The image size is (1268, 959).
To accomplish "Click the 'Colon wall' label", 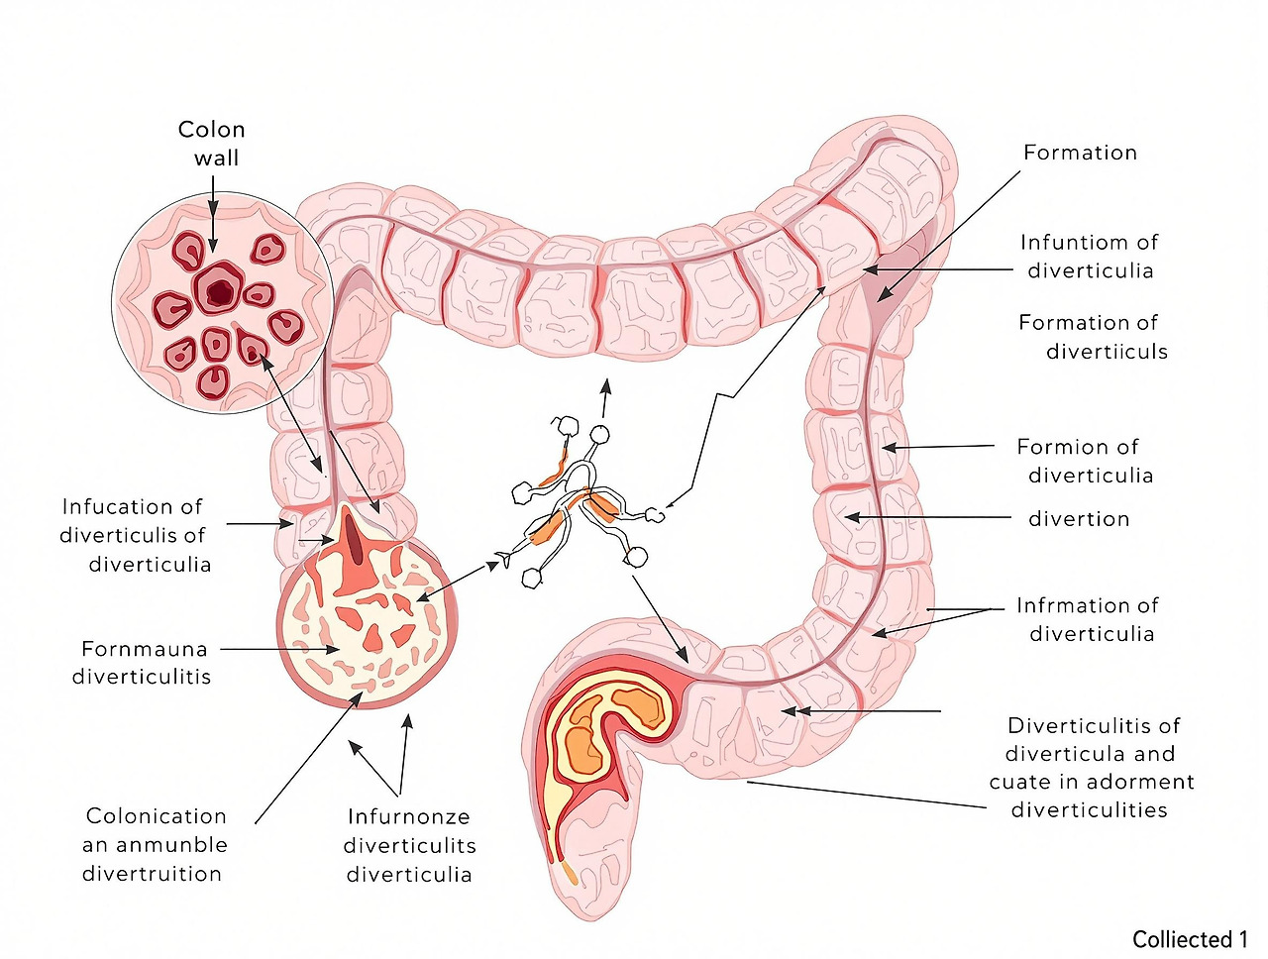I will (211, 144).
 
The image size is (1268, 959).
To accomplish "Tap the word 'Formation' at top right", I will (1080, 153).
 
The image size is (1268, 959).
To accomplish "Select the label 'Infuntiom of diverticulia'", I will (1090, 257).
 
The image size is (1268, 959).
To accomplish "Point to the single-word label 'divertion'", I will (1079, 519).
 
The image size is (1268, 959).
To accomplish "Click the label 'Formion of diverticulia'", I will (1085, 461).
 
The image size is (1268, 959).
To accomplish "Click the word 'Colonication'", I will (157, 816).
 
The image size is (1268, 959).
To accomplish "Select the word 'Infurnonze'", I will (408, 817).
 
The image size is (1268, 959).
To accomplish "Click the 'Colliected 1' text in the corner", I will (1190, 939).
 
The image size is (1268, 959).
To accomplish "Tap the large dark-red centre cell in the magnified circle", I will (219, 291).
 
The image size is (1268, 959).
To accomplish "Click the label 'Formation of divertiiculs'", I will (1093, 337).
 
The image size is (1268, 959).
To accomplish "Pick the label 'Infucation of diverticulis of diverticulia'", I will (134, 535).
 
